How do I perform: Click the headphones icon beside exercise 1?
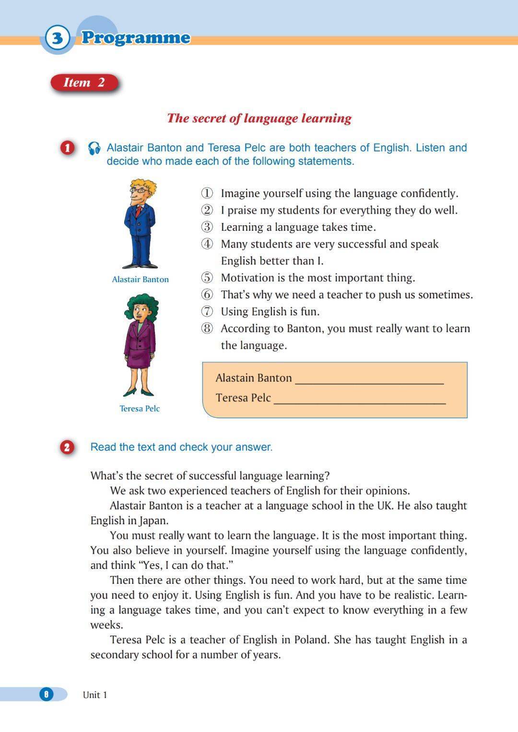coord(94,148)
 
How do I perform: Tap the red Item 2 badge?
coord(84,83)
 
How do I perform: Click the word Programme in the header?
coord(136,37)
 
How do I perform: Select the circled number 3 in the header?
coord(57,37)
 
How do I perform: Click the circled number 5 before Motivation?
coord(207,278)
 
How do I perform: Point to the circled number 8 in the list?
coord(207,329)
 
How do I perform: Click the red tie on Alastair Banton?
coord(138,211)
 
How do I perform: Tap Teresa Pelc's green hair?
coord(142,304)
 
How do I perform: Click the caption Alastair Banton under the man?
coord(140,279)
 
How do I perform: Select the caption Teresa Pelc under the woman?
coord(140,409)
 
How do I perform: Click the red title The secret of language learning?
coord(259,118)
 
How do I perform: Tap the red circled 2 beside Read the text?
coord(67,448)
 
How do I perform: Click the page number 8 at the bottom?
coord(47,694)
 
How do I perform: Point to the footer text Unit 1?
coord(95,695)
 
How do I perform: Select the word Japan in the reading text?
coord(153,520)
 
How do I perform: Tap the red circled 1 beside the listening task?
coord(67,148)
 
